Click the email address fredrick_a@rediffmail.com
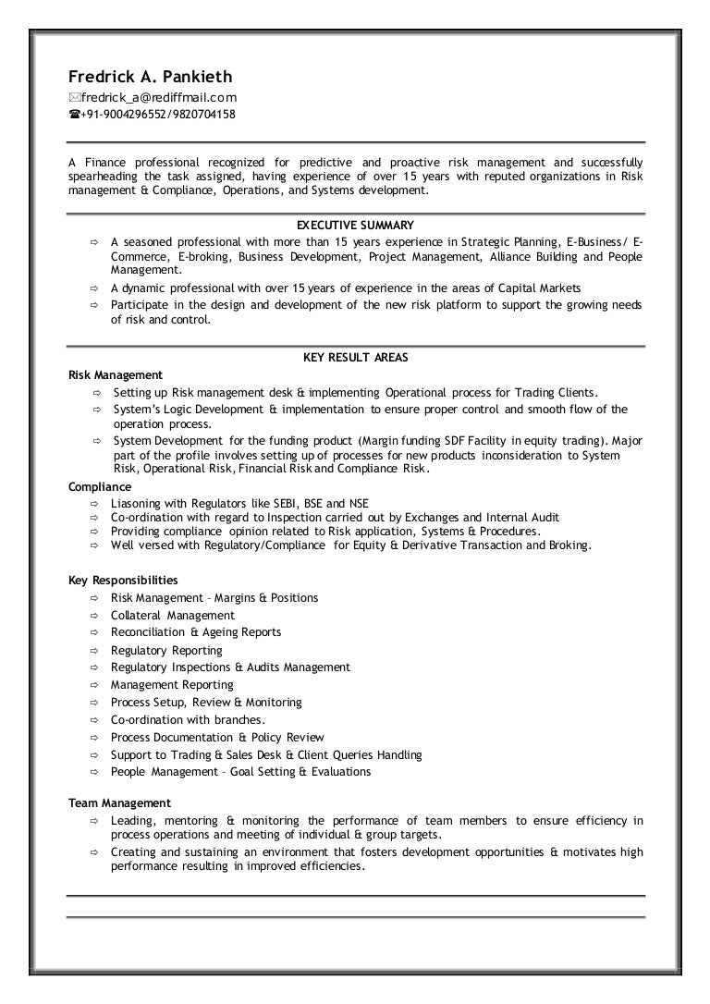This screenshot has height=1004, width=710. point(158,97)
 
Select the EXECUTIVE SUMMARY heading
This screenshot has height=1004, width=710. point(355,225)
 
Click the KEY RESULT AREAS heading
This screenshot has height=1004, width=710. point(355,357)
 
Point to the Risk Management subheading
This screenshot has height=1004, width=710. point(116,374)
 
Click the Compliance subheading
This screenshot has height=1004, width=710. point(100,486)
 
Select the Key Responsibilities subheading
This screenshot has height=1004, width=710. point(123,580)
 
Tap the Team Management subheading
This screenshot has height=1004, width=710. point(119,802)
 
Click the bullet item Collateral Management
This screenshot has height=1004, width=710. point(172,615)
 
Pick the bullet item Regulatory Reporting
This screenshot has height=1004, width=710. point(166,650)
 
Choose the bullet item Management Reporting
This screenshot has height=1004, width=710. point(172,685)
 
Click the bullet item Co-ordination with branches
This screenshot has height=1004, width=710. point(188,719)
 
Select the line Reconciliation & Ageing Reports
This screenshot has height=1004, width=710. point(196,632)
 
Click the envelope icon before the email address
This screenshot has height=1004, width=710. point(74,98)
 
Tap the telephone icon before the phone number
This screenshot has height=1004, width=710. point(74,115)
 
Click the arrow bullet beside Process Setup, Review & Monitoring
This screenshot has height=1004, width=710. point(94,703)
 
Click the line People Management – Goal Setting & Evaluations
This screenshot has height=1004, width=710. point(240,772)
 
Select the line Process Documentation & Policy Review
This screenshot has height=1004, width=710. point(217,737)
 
